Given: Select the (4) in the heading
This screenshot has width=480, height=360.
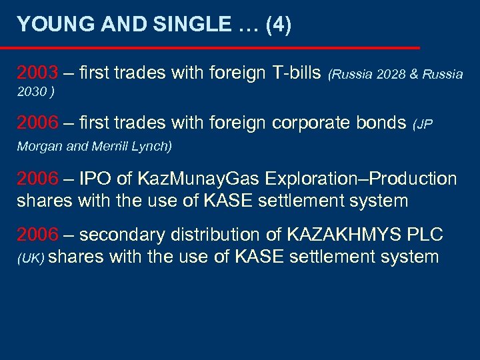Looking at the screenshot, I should [278, 25].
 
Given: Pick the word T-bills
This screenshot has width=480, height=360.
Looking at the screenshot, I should [296, 72].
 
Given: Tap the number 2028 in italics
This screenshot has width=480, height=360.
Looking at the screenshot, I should [391, 74].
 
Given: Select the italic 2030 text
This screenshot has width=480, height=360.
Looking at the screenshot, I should [31, 92].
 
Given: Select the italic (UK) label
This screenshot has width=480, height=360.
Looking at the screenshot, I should [30, 257].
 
